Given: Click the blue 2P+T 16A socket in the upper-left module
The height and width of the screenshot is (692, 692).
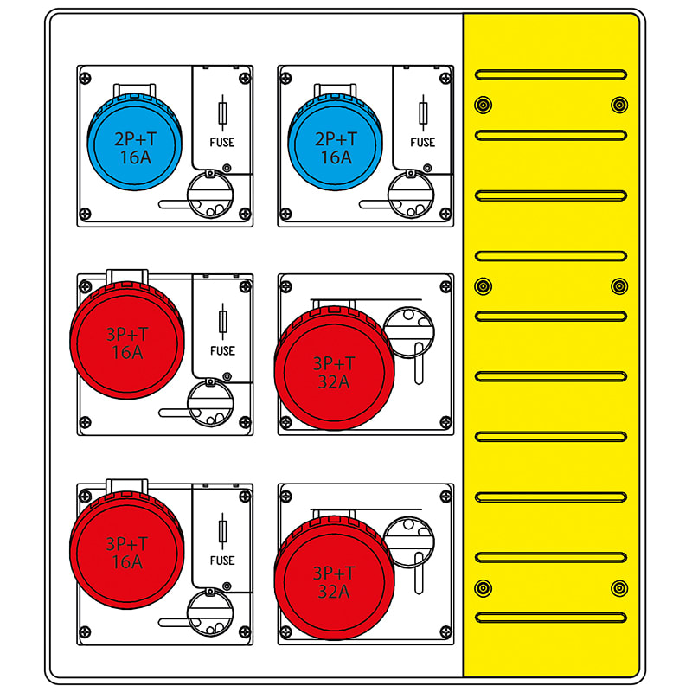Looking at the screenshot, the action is [135, 142].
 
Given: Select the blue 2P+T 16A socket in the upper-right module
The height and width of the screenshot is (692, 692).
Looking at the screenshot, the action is [336, 142].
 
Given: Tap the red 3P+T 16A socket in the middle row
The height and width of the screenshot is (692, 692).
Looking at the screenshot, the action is [127, 341].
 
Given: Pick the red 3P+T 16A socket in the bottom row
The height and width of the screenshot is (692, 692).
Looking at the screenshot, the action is [127, 550].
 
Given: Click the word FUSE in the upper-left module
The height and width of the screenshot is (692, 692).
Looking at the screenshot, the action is [222, 142].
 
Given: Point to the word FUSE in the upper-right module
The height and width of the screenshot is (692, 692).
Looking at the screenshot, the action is [423, 142].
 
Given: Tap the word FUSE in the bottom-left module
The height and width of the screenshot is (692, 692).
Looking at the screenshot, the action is [222, 561].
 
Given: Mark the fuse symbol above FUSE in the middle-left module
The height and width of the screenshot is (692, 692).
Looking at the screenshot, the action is [223, 322].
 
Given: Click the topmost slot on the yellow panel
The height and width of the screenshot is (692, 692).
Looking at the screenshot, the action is [551, 74].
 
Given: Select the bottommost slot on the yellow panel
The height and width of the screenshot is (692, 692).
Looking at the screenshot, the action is [551, 618].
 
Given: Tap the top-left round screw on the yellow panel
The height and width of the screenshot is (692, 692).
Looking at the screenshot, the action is [484, 105].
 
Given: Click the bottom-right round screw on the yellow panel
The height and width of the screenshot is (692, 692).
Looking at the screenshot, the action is [619, 588].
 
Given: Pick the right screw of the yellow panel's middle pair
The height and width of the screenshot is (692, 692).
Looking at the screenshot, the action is [619, 286].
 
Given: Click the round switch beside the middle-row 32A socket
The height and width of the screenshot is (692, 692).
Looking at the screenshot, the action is [409, 332].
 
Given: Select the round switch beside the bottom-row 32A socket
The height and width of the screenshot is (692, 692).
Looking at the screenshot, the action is [409, 542].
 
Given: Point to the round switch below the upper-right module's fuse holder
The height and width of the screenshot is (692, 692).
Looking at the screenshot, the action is [411, 195].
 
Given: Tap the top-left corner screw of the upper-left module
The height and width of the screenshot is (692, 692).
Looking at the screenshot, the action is [85, 79].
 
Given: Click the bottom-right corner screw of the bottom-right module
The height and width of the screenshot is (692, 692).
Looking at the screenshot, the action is [445, 632].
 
